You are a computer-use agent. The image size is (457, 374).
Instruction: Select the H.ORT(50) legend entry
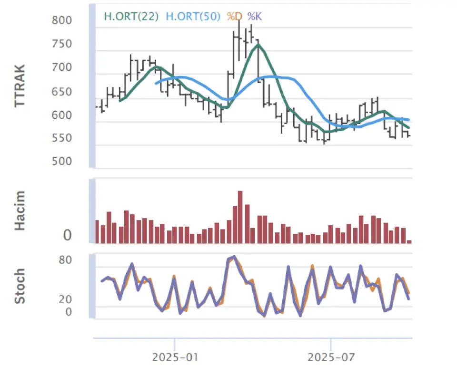193,16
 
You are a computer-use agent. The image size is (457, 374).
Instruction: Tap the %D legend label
234,16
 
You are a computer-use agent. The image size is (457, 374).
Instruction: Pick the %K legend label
255,16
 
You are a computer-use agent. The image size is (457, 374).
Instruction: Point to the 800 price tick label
63,20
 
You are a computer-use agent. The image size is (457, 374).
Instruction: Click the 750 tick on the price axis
63,44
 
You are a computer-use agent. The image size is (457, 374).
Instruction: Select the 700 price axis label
63,67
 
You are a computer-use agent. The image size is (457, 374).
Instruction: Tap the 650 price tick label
63,92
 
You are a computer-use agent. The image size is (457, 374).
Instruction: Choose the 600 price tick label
63,115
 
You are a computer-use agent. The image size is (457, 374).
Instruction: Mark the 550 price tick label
63,138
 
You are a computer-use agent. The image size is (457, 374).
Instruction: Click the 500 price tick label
63,162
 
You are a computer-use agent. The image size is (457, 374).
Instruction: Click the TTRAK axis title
20,86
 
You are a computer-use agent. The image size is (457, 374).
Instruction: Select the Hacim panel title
20,211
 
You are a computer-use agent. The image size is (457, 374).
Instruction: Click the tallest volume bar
240,217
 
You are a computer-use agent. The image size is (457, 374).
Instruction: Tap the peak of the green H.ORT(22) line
258,45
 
